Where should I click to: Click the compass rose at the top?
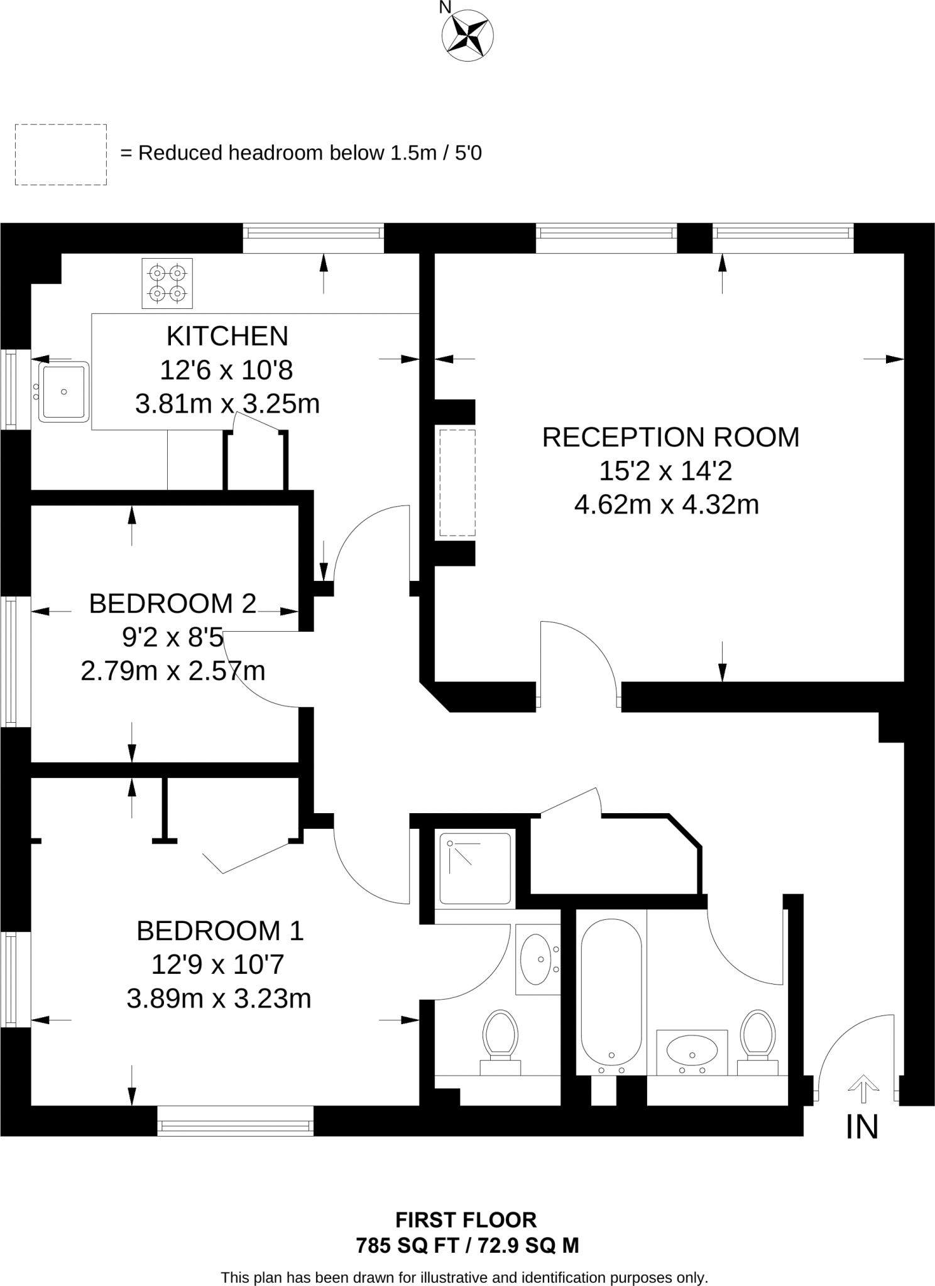point(468,36)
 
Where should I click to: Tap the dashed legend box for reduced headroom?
point(61,154)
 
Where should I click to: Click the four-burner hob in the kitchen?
point(167,283)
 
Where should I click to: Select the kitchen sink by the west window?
point(63,392)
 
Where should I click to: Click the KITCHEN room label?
point(227,337)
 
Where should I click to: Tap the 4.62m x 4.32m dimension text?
point(667,505)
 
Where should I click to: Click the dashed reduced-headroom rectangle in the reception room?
point(457,483)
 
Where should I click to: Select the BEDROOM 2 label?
point(173,603)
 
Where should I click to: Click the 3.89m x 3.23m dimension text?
point(219,998)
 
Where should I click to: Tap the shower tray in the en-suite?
point(475,868)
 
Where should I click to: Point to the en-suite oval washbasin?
point(535,959)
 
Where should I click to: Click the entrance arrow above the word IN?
point(863,1089)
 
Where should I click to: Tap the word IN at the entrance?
point(861,1127)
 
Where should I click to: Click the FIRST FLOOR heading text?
point(466,1220)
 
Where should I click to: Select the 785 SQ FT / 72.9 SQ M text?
point(468,1245)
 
